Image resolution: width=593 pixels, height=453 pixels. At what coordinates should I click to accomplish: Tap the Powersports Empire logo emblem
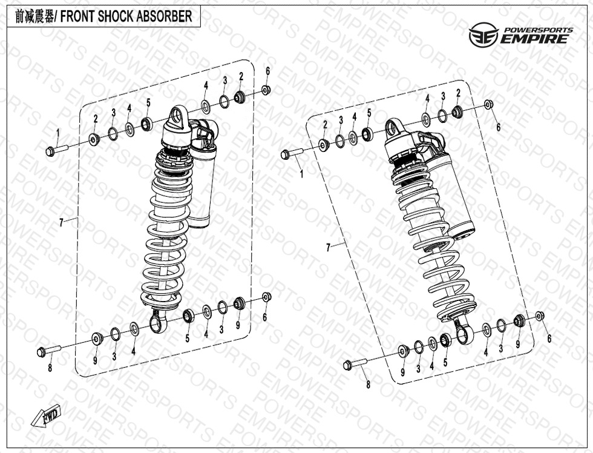pos(483,35)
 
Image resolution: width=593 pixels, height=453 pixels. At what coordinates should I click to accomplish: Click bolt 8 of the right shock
pos(355,364)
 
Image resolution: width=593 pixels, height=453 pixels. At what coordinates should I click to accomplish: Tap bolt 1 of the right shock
pos(292,153)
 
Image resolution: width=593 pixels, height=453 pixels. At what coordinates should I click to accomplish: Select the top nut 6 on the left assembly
pos(266,90)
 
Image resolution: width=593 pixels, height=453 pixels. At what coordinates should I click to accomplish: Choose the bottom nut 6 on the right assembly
pos(540,316)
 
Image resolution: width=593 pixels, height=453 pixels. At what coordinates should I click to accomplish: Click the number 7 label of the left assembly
pos(61,223)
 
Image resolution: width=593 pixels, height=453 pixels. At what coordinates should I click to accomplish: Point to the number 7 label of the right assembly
pos(328,248)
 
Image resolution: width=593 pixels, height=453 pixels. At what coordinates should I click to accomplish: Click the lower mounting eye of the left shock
pos(156,322)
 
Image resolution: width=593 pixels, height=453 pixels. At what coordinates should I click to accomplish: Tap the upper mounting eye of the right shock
pos(395,127)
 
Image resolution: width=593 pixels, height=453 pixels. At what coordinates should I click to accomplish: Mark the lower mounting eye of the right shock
pos(464,333)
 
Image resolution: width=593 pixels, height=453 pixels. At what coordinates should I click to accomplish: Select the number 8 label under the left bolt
pos(50,368)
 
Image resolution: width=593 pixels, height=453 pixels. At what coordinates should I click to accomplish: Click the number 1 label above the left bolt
pos(58,133)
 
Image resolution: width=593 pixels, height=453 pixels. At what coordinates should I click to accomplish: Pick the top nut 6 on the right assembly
pos(489,104)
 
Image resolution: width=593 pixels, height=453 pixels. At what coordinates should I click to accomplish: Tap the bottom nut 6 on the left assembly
pos(267,297)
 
